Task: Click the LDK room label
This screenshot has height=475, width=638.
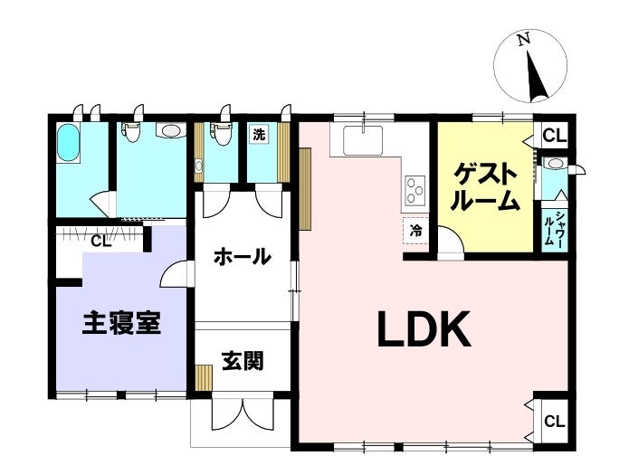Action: [424, 331]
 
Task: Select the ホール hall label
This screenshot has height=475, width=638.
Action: [243, 257]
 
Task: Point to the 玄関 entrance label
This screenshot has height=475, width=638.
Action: [243, 362]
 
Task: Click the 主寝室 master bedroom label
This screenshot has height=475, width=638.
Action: [122, 323]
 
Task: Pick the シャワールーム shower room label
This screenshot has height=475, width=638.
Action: [555, 229]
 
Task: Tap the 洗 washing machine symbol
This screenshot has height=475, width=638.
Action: [259, 134]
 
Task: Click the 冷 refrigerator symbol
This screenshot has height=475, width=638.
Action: [415, 232]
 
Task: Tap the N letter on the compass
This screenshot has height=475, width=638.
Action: [522, 41]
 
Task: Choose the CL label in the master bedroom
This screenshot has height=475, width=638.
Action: [101, 241]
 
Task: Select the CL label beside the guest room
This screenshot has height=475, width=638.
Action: [554, 136]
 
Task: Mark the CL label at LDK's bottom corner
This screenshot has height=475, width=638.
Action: [554, 422]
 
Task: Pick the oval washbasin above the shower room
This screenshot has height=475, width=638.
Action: [555, 164]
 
